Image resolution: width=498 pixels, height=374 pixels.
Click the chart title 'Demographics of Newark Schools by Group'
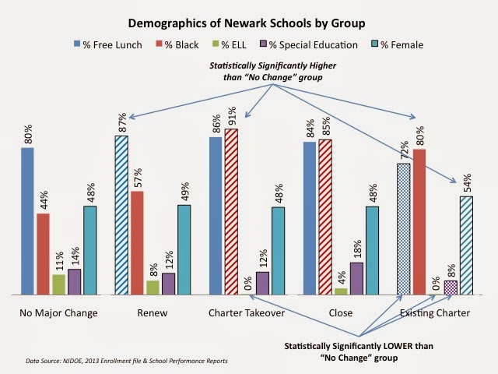coord(247,23)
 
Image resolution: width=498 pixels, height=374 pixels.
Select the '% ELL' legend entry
coord(230,45)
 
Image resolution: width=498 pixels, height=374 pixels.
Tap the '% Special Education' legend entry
coord(309,45)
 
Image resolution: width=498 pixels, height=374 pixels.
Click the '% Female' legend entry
coord(398,45)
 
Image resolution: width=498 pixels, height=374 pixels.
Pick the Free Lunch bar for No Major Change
coord(27,221)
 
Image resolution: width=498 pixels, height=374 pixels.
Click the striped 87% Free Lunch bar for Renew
coord(121,215)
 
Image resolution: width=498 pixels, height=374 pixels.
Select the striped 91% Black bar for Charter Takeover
coord(231,211)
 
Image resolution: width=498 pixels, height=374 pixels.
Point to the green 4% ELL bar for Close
coord(341,291)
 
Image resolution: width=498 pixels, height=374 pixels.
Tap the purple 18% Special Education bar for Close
coord(356,278)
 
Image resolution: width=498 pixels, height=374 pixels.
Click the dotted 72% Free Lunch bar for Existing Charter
coord(404,229)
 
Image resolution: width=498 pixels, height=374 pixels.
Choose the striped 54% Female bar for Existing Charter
coord(466,245)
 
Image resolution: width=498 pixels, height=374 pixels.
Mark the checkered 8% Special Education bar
coord(451,288)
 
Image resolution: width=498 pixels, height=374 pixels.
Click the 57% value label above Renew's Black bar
coord(138,178)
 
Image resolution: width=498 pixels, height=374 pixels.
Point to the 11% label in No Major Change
coord(59,261)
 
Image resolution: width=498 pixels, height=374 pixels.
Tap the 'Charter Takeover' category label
coord(247,313)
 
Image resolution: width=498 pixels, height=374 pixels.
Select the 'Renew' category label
coord(153,313)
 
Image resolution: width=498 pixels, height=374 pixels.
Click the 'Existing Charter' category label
coord(435,313)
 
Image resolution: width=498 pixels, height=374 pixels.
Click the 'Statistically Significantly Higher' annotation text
coord(272,65)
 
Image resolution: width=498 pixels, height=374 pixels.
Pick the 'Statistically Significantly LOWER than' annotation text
coord(359,346)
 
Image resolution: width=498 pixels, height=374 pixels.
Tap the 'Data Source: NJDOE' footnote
coord(127,361)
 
